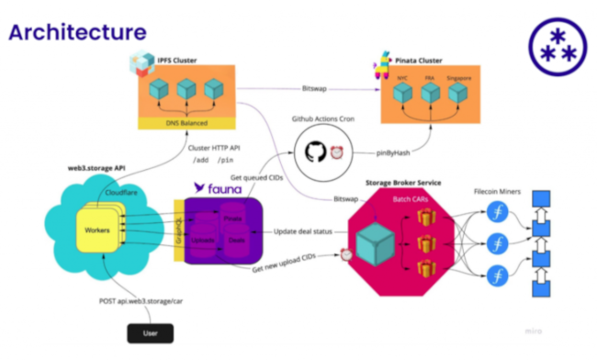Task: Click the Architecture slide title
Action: (77, 32)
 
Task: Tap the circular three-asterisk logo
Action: (555, 44)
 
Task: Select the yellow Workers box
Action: (91, 228)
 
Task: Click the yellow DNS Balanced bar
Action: (187, 122)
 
